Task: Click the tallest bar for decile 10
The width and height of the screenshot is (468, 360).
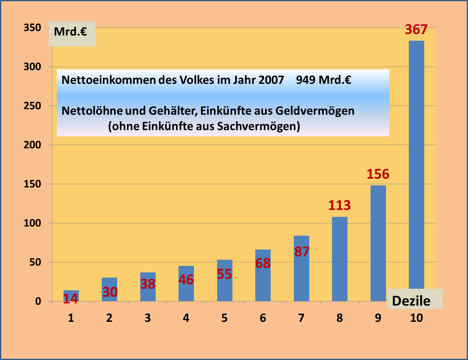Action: pos(416,163)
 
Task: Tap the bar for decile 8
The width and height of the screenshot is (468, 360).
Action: pos(339,259)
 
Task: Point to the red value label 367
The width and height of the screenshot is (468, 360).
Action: pos(416,30)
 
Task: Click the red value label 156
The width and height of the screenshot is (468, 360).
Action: pos(378,174)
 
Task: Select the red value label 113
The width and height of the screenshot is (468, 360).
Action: pos(339,205)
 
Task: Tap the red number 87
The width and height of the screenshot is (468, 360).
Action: pos(302,252)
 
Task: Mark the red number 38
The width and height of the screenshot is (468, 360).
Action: pos(148,284)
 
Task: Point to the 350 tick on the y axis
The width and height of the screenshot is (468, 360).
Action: pos(32,28)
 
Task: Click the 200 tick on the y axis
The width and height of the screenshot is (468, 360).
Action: pos(32,145)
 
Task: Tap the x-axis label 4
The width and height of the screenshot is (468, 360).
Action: pos(186,318)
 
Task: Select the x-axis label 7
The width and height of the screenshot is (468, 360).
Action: pos(301,318)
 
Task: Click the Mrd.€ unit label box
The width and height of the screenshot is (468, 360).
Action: pos(72,34)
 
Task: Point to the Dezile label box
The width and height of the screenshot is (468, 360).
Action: pos(414,300)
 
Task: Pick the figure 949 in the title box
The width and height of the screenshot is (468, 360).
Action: pos(306,80)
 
